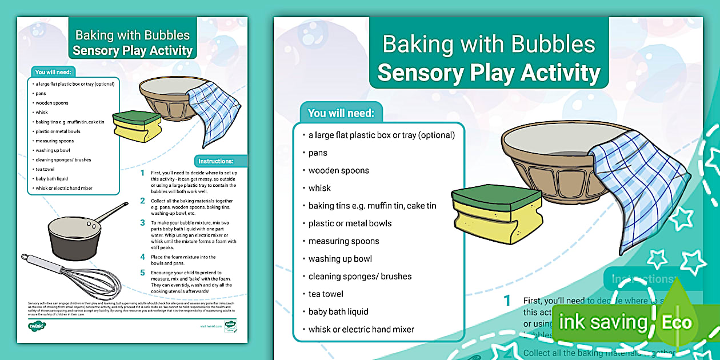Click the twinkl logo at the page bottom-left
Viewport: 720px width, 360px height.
[37, 326]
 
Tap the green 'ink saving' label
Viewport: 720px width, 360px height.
[602, 323]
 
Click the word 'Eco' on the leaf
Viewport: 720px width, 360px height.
[677, 323]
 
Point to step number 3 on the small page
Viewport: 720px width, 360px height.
[143, 223]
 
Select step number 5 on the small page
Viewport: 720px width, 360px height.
[143, 273]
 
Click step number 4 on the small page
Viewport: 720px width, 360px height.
[143, 257]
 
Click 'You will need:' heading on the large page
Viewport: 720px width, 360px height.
[341, 113]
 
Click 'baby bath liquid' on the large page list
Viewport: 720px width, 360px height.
[338, 311]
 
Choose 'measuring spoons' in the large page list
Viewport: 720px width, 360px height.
[344, 241]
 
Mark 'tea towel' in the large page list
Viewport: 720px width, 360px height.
[326, 294]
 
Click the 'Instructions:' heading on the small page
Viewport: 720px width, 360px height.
[216, 161]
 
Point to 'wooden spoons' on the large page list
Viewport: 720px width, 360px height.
[339, 170]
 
